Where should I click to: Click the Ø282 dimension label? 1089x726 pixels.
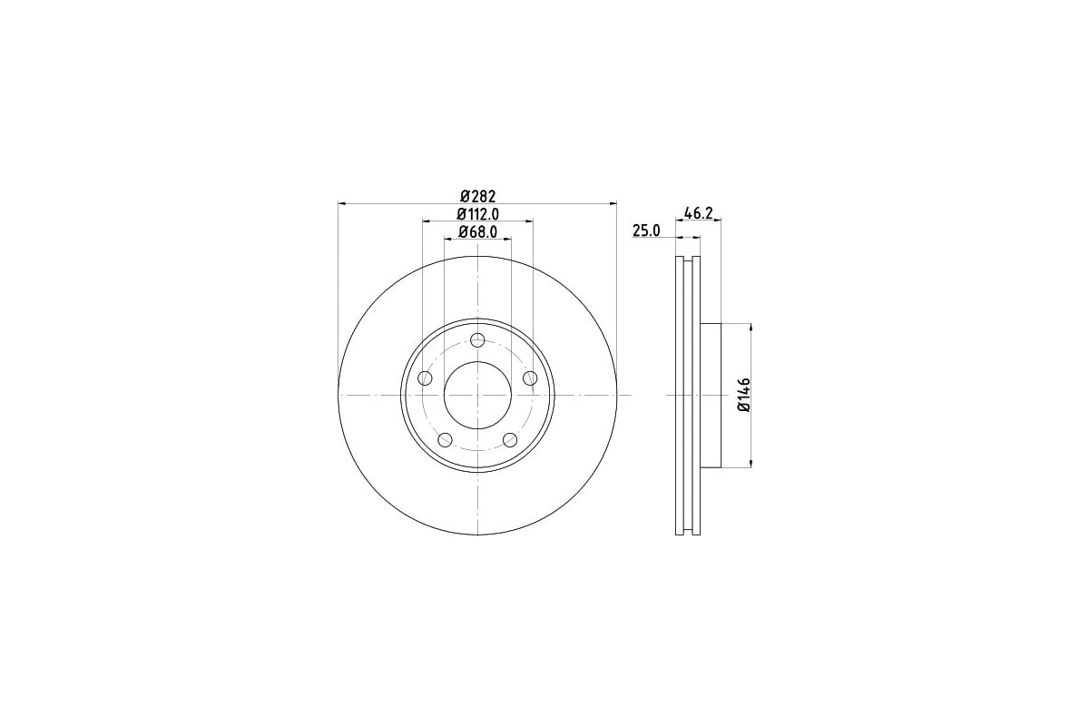[478, 196]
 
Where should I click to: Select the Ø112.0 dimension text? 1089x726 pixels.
[478, 214]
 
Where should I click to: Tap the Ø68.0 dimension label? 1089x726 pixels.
[478, 232]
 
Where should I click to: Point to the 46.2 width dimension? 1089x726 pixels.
[698, 213]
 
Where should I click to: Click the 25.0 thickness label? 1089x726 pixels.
[646, 231]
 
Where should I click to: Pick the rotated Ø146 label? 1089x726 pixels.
[744, 395]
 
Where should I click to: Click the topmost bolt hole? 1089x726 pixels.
[478, 340]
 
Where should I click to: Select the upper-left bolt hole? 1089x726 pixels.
[426, 378]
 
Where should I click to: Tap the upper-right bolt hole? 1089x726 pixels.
[530, 378]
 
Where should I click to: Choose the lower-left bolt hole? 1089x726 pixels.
[446, 440]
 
